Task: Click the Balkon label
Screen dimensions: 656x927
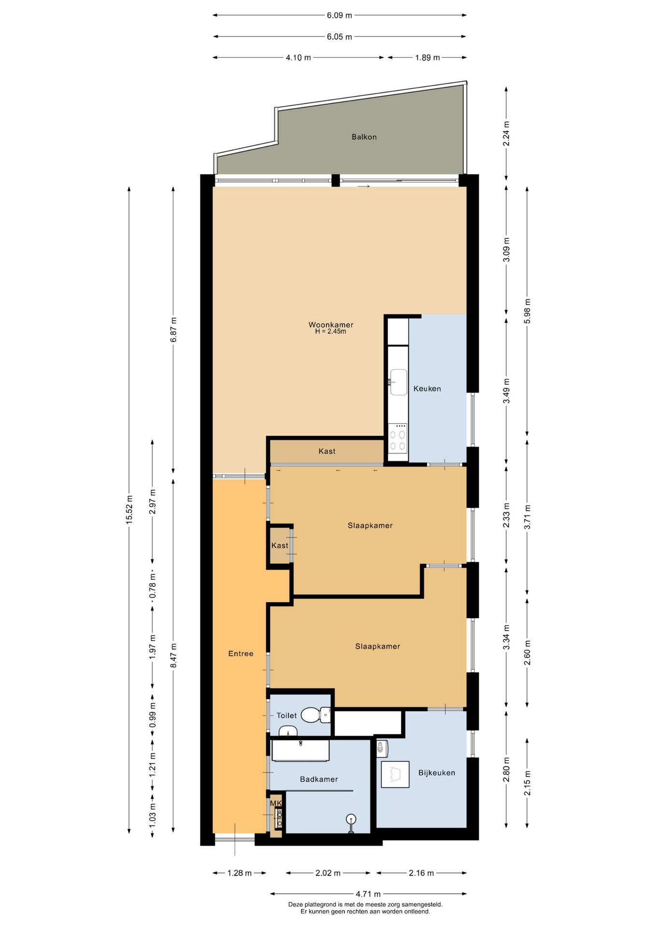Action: pyautogui.click(x=364, y=137)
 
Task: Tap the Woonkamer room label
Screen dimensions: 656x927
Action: pyautogui.click(x=331, y=325)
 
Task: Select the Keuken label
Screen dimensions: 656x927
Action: pyautogui.click(x=427, y=389)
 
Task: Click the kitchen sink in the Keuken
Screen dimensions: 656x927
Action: pyautogui.click(x=398, y=382)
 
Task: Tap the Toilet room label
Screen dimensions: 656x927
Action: pyautogui.click(x=286, y=716)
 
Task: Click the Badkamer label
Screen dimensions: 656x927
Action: pyautogui.click(x=319, y=779)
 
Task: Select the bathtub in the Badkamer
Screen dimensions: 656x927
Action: pyautogui.click(x=300, y=750)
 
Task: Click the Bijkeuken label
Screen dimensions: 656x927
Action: pyautogui.click(x=437, y=773)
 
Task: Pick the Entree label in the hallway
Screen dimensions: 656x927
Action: pyautogui.click(x=241, y=654)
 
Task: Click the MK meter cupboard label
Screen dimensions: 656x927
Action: pyautogui.click(x=276, y=803)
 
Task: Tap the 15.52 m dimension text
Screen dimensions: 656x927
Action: pyautogui.click(x=129, y=509)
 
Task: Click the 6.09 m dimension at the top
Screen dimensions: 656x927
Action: pyautogui.click(x=339, y=15)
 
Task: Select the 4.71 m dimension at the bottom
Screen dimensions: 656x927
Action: pyautogui.click(x=368, y=894)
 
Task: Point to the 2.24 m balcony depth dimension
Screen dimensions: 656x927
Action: pyautogui.click(x=506, y=134)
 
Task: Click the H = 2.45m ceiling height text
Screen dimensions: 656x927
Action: pyautogui.click(x=331, y=332)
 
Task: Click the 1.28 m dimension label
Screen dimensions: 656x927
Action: pyautogui.click(x=239, y=873)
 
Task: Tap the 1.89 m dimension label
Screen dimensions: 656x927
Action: pyautogui.click(x=428, y=58)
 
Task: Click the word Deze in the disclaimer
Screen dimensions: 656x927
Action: pyautogui.click(x=296, y=905)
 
